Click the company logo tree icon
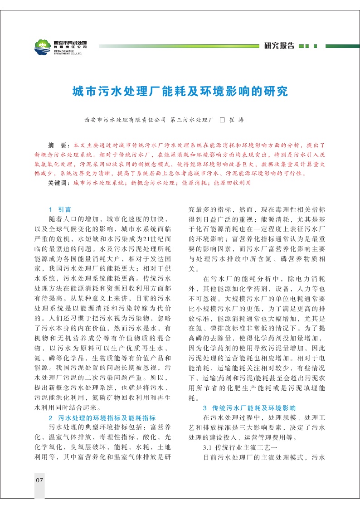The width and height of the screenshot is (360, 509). (x=43, y=46)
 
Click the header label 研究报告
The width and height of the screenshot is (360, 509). (x=279, y=46)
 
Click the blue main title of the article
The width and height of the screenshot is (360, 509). (x=180, y=91)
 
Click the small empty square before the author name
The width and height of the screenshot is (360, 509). (x=222, y=120)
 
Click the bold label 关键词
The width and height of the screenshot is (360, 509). (x=59, y=183)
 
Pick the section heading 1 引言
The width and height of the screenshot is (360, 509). (x=60, y=209)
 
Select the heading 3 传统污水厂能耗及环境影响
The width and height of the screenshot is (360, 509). (x=249, y=407)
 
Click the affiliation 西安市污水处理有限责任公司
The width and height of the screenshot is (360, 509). (x=125, y=120)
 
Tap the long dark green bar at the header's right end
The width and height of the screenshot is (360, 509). (x=342, y=46)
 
